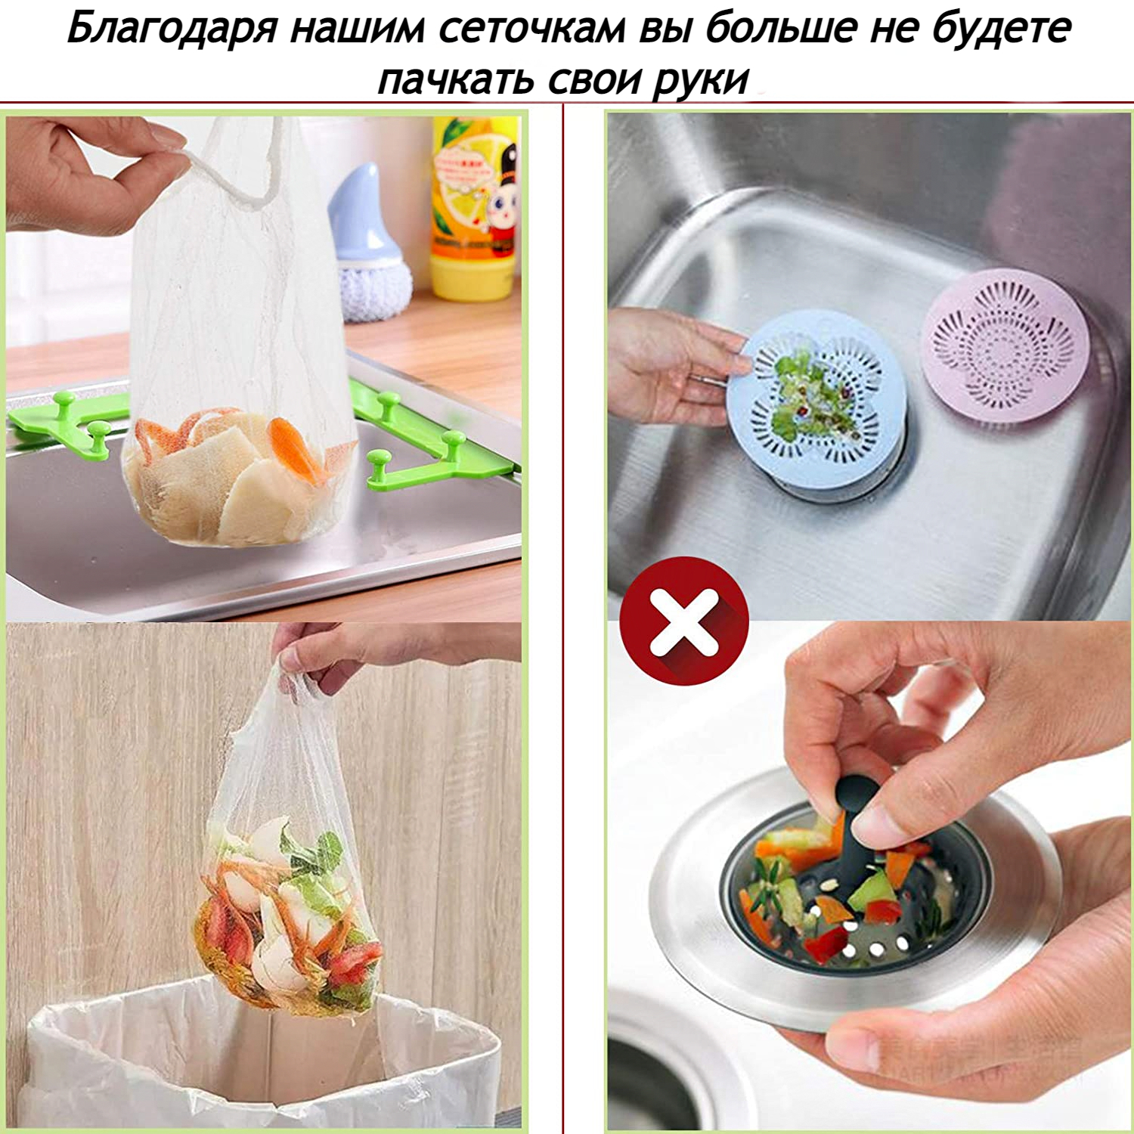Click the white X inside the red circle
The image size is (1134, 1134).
tap(684, 621)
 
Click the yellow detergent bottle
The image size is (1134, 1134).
tap(475, 207)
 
